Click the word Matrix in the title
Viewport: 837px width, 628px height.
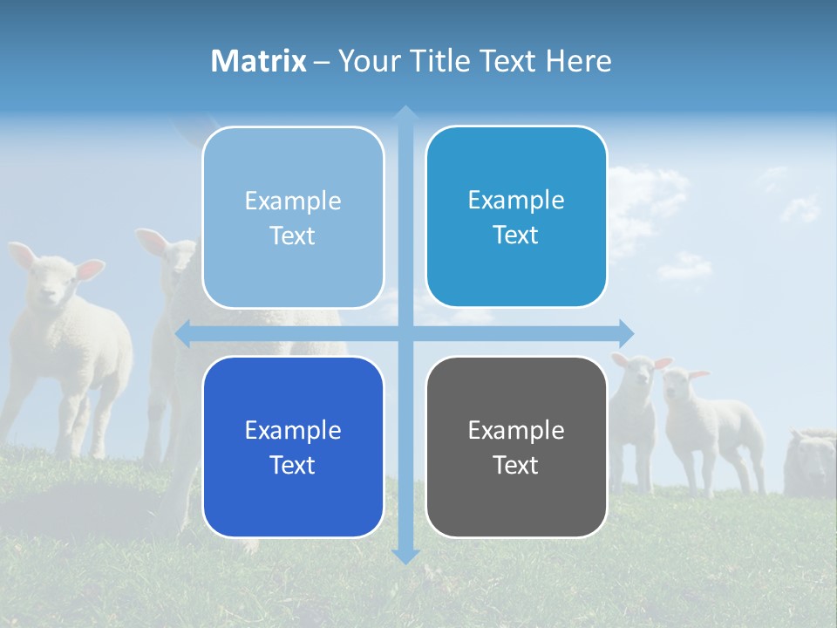coord(259,61)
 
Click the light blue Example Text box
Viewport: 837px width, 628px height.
coord(293,217)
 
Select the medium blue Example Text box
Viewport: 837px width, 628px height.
coord(516,216)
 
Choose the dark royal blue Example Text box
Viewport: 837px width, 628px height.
coord(293,447)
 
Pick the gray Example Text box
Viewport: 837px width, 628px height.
coord(516,447)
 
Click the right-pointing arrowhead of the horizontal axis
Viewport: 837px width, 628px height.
coord(626,334)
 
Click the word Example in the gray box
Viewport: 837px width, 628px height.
coord(516,430)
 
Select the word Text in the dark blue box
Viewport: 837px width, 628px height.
coord(293,465)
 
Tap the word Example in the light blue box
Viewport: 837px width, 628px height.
coord(293,201)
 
